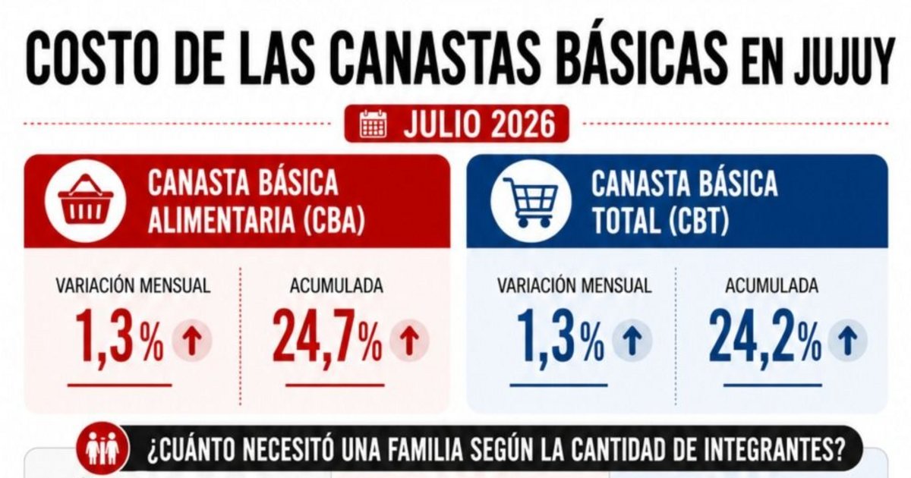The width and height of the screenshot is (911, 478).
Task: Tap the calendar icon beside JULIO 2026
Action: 374,124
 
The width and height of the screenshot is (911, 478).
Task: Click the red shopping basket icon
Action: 85,200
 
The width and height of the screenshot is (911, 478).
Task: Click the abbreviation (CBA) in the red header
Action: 334,220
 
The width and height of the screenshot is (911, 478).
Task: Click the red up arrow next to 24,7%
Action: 409,341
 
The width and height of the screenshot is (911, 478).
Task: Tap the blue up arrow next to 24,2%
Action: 848,341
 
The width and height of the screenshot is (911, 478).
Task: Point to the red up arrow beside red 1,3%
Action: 192,341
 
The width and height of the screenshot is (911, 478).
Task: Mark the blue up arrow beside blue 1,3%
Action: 632,341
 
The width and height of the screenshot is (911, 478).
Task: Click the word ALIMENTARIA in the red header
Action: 221,220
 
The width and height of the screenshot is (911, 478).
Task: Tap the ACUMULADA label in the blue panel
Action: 771,286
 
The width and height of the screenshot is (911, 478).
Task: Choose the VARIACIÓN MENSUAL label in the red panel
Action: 133,286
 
